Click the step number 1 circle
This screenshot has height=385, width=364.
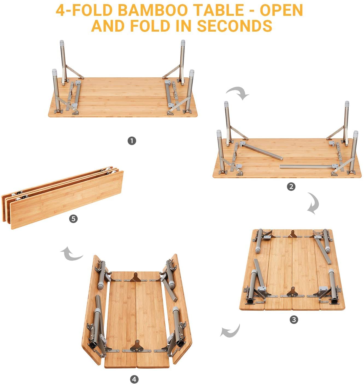click(x=132, y=141)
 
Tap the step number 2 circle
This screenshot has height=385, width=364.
click(x=291, y=187)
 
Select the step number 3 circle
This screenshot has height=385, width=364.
click(x=294, y=319)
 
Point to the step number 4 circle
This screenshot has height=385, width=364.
click(x=134, y=379)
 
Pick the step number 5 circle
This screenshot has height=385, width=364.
click(x=73, y=219)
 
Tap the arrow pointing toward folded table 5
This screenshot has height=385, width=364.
click(x=71, y=254)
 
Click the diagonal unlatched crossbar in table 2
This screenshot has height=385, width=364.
click(x=261, y=151)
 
